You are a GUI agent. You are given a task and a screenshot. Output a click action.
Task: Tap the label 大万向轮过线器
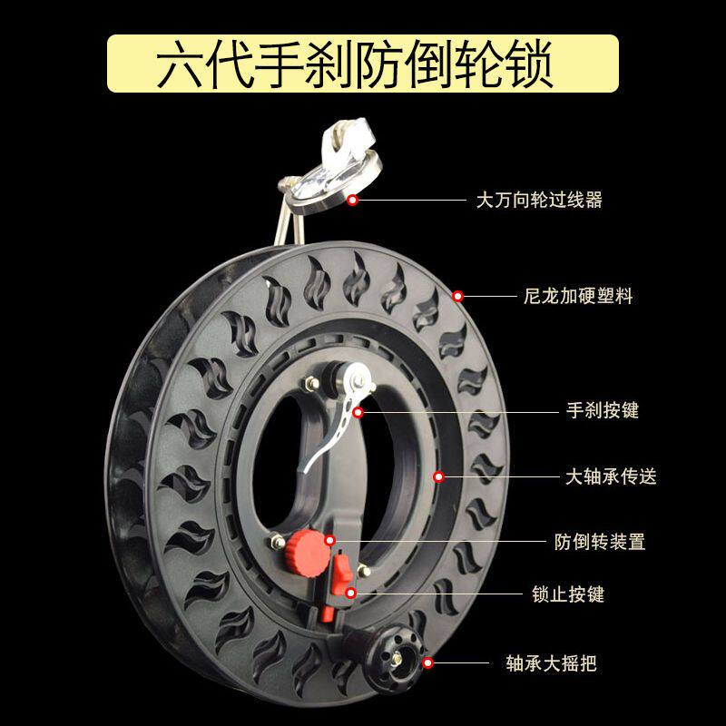point(539,200)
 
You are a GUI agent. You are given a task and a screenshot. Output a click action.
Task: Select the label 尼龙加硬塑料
point(578,296)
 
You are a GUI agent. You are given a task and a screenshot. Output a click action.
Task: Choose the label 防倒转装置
point(599,542)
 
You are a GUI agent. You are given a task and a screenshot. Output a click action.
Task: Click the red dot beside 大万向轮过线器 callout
point(351,199)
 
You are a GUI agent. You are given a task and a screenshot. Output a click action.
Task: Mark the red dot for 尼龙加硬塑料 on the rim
point(458,296)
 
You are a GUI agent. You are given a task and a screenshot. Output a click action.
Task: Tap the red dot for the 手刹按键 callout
point(359,411)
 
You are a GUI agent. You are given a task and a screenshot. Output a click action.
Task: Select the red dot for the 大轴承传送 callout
point(438,476)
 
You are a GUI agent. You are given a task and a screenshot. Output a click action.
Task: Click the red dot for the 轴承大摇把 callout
point(427,664)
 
